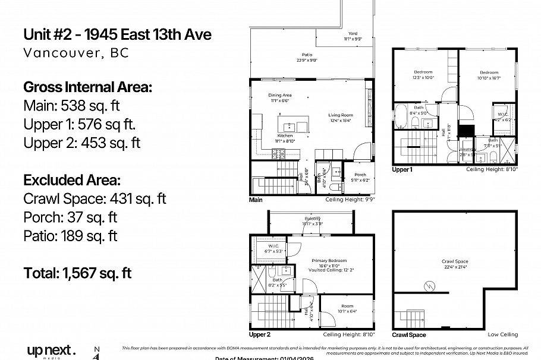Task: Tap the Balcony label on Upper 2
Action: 312,220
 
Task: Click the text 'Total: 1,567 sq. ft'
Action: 77,273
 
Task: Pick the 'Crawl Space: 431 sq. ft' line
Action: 95,198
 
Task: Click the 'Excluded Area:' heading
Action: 71,179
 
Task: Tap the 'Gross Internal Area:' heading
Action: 87,87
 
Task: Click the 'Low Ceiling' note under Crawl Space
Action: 502,334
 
